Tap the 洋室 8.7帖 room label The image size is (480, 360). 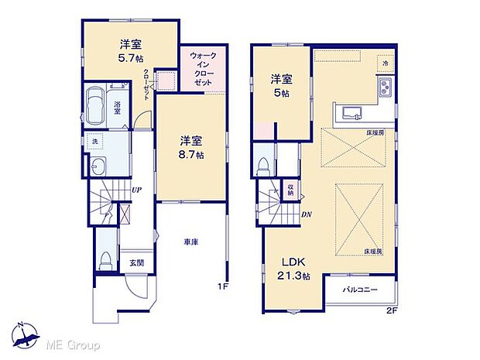(x=192, y=147)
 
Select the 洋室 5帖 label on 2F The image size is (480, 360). (x=279, y=84)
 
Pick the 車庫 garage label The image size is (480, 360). (x=191, y=242)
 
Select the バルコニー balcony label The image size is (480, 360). (x=361, y=290)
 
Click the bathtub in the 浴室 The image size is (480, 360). (x=99, y=107)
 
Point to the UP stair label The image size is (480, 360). (x=135, y=189)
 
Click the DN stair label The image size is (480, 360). (x=306, y=214)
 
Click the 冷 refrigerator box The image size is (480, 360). (x=383, y=62)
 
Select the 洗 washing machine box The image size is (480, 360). (x=94, y=142)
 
